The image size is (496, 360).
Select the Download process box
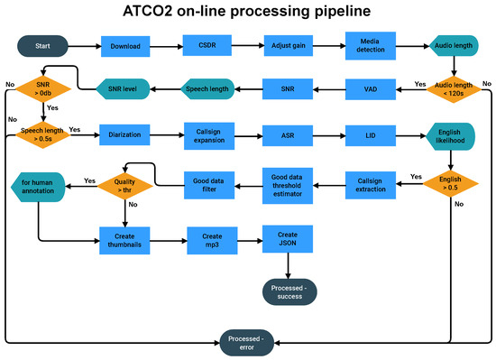pos(125,45)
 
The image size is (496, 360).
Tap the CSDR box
pos(207,45)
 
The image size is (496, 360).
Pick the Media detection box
pos(371,45)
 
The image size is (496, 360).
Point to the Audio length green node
pos(452,45)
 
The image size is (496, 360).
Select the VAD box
pos(371,88)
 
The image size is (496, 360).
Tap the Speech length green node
pos(207,88)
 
